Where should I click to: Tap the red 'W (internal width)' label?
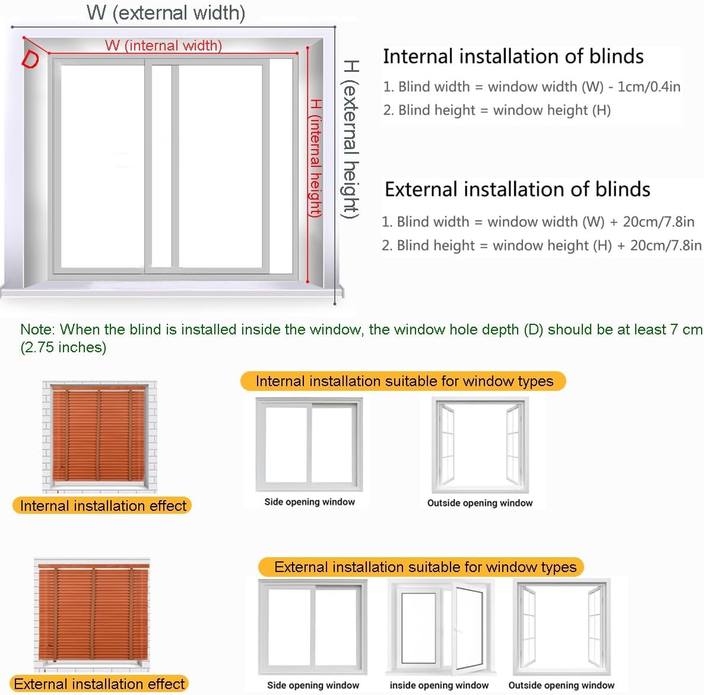163,45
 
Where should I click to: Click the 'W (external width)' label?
166,13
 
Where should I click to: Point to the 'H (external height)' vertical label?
351,139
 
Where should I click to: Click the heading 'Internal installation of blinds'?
513,56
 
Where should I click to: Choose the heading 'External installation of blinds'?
517,189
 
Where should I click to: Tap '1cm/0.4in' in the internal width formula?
649,87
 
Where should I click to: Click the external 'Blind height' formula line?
541,245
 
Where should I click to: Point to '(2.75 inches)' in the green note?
64,347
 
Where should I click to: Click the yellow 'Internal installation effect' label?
103,506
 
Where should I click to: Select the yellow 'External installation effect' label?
99,684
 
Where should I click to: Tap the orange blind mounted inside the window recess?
100,436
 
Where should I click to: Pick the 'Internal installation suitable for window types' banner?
404,381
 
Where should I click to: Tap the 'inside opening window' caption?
439,685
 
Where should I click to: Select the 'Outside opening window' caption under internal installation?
480,503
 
